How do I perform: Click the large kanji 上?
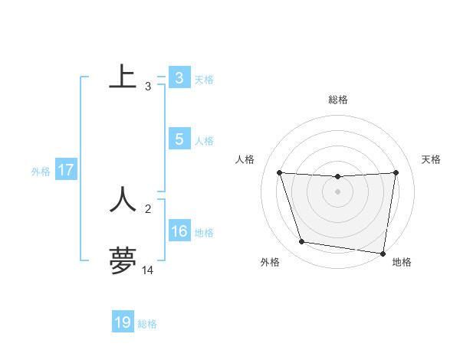tap(123, 77)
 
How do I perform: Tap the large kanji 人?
tap(123, 199)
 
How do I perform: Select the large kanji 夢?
tap(123, 260)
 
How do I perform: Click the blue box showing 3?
tap(179, 77)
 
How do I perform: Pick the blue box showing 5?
tap(179, 139)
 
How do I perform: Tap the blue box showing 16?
tap(179, 231)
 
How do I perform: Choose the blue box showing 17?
tap(65, 170)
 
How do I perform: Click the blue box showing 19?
tap(123, 322)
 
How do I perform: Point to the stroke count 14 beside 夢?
tap(148, 270)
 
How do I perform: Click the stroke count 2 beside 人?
tap(148, 208)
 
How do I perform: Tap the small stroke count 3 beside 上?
tap(148, 86)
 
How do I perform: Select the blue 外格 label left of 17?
tap(41, 172)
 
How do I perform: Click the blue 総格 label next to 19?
tap(147, 324)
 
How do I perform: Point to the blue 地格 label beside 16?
tap(204, 233)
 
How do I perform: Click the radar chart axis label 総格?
tap(338, 100)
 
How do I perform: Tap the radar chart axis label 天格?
tap(432, 159)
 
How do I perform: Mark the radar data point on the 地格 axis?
tap(383, 253)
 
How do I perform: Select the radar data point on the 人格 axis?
tap(279, 173)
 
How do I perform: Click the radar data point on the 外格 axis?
tap(302, 242)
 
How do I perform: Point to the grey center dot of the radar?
tap(338, 191)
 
